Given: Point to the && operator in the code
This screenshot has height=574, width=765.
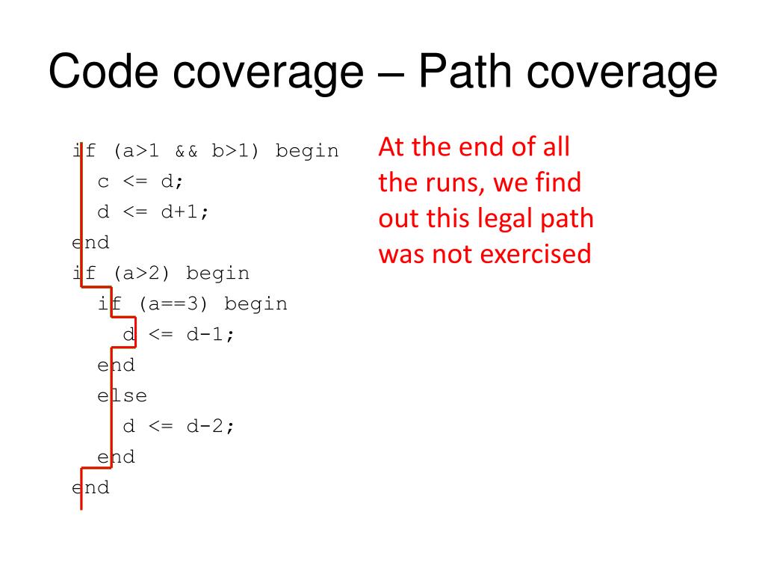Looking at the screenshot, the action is point(186,151).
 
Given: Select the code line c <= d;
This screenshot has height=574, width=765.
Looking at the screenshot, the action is point(140,182).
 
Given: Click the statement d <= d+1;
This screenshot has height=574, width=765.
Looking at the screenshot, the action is point(153,212).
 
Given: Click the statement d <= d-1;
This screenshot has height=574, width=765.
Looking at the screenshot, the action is point(179,335).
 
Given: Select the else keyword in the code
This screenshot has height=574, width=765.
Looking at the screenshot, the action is point(123,396).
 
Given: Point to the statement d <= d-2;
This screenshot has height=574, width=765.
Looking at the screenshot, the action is point(179,427).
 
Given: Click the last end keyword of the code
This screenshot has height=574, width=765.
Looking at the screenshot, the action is point(90,488).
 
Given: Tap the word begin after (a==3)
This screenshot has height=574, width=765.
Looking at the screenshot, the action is point(255,304).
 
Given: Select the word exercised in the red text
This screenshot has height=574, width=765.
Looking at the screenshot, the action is point(535,254).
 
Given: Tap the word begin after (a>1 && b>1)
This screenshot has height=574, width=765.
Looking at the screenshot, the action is point(307,151).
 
